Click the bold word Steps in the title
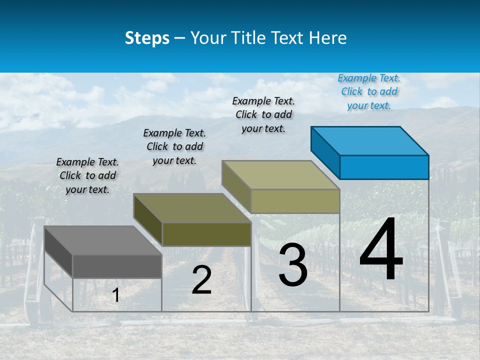[147, 38]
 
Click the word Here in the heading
[327, 38]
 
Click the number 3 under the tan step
[293, 265]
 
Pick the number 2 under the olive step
[201, 280]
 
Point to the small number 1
[116, 295]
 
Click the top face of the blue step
[370, 141]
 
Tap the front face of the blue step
[384, 167]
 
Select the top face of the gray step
[103, 240]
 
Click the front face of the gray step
[117, 266]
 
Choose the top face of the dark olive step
[192, 208]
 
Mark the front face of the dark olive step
[206, 234]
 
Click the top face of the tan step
[281, 175]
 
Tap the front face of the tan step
[295, 201]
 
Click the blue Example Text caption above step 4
[369, 91]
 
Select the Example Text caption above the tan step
[263, 114]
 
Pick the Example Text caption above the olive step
[174, 146]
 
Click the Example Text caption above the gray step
[87, 175]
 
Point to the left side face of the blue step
[325, 152]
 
